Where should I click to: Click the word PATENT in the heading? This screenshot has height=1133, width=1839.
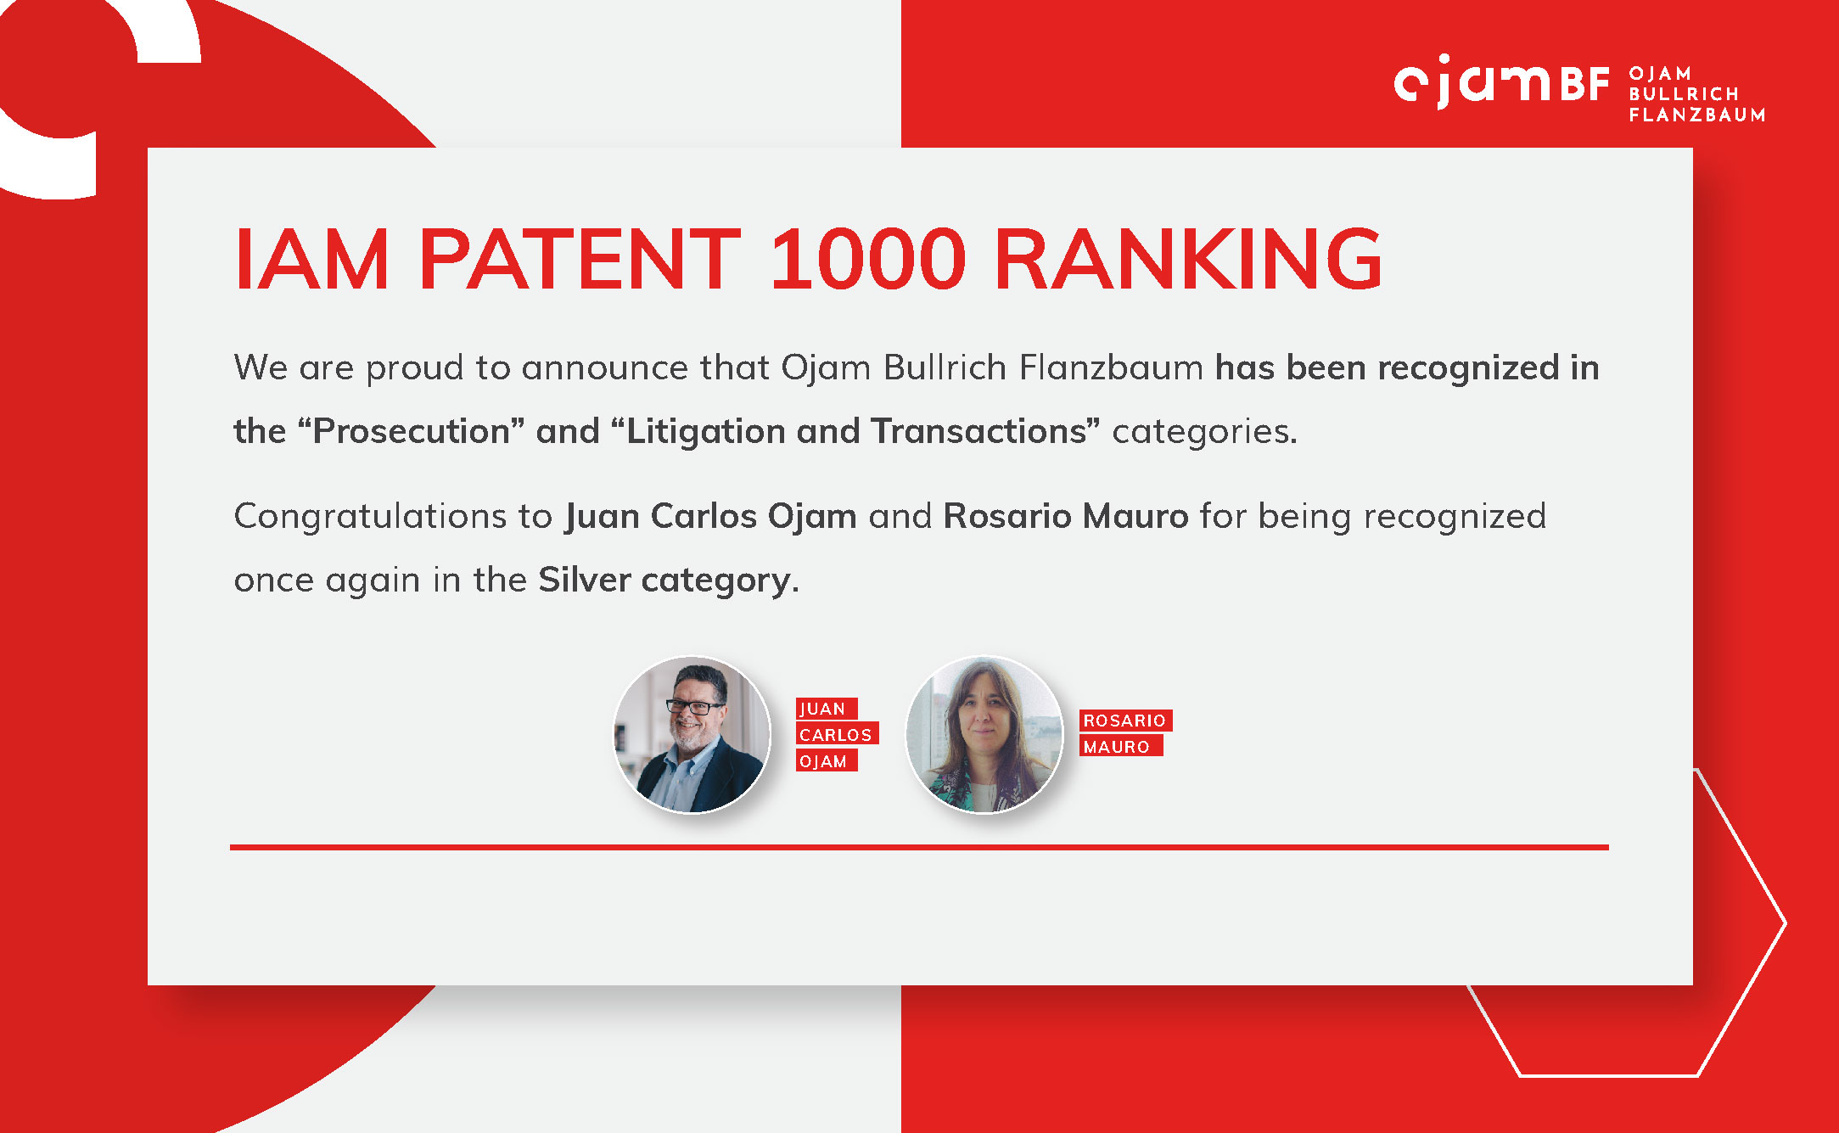tap(580, 259)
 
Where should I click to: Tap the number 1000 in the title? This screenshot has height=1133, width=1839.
tap(868, 259)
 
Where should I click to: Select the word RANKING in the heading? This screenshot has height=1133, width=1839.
tap(1188, 259)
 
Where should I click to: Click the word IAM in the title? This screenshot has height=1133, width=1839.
tap(311, 259)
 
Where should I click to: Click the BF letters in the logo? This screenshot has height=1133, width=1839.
tap(1584, 85)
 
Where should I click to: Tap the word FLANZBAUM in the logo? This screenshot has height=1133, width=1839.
tap(1696, 115)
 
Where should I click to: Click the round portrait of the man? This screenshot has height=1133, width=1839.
tap(692, 734)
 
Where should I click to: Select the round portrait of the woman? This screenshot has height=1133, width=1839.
tap(984, 734)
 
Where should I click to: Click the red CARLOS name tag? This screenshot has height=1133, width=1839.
tap(837, 734)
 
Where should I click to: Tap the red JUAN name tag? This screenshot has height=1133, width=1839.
tap(827, 709)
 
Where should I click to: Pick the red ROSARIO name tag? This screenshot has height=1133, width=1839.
tap(1125, 721)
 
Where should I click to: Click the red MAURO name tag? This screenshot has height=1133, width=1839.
tap(1120, 746)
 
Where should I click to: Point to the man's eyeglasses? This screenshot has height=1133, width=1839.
tap(694, 706)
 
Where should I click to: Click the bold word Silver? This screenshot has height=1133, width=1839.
tap(585, 580)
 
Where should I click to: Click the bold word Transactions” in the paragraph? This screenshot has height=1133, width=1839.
tap(985, 431)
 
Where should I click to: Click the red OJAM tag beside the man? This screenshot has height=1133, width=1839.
tap(827, 760)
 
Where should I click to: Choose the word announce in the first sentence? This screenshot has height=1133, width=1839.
tap(605, 368)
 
